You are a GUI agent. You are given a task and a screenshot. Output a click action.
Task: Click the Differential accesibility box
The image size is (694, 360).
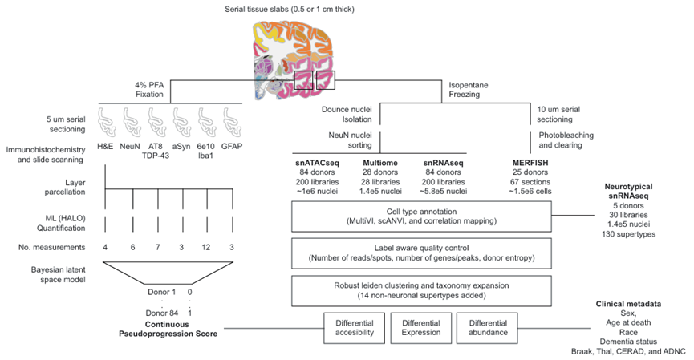(x=355, y=328)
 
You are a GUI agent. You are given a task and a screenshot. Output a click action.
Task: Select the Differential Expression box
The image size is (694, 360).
(x=421, y=328)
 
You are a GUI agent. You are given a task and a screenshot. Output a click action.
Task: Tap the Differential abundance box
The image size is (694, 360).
(x=487, y=328)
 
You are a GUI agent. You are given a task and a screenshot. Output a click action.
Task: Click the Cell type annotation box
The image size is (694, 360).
(x=421, y=216)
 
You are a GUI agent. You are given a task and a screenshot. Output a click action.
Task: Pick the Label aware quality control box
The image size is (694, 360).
(x=421, y=253)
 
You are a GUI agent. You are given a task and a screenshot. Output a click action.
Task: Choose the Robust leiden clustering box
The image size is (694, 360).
(x=421, y=291)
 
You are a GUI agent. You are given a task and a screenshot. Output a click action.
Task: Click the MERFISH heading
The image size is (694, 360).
(x=530, y=163)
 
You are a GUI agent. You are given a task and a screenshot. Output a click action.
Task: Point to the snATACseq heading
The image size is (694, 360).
(x=318, y=163)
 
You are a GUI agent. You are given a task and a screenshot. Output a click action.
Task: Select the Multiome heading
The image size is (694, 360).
(x=380, y=163)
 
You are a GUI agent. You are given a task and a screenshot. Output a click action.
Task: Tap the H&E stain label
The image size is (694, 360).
(x=105, y=146)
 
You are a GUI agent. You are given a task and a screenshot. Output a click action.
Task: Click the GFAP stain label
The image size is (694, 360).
(x=232, y=146)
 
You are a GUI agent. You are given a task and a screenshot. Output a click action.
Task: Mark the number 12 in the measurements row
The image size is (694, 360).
(x=206, y=247)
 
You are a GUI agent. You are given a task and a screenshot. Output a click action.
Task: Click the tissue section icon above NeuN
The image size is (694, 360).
(x=132, y=123)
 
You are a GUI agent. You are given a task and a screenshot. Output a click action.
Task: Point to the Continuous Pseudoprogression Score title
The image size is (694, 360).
(x=168, y=329)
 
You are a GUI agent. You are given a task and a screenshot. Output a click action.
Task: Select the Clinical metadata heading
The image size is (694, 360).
(x=628, y=304)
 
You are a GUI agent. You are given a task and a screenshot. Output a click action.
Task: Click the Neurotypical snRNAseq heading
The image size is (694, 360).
(x=628, y=191)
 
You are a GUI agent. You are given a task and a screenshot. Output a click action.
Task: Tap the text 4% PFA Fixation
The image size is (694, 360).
(x=149, y=89)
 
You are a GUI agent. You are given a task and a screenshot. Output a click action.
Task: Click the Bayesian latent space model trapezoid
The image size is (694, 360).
(x=168, y=273)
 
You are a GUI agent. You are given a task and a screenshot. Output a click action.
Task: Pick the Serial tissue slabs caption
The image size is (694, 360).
(x=290, y=10)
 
